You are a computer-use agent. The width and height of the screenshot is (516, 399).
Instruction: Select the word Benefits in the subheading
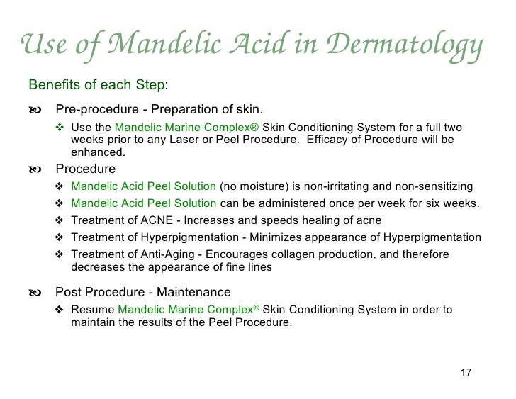tap(52, 86)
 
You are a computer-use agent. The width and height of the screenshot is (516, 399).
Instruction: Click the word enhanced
tap(98, 152)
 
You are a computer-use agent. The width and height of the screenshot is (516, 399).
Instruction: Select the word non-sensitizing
tap(430, 187)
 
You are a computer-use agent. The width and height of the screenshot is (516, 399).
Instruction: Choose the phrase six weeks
tap(454, 204)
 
